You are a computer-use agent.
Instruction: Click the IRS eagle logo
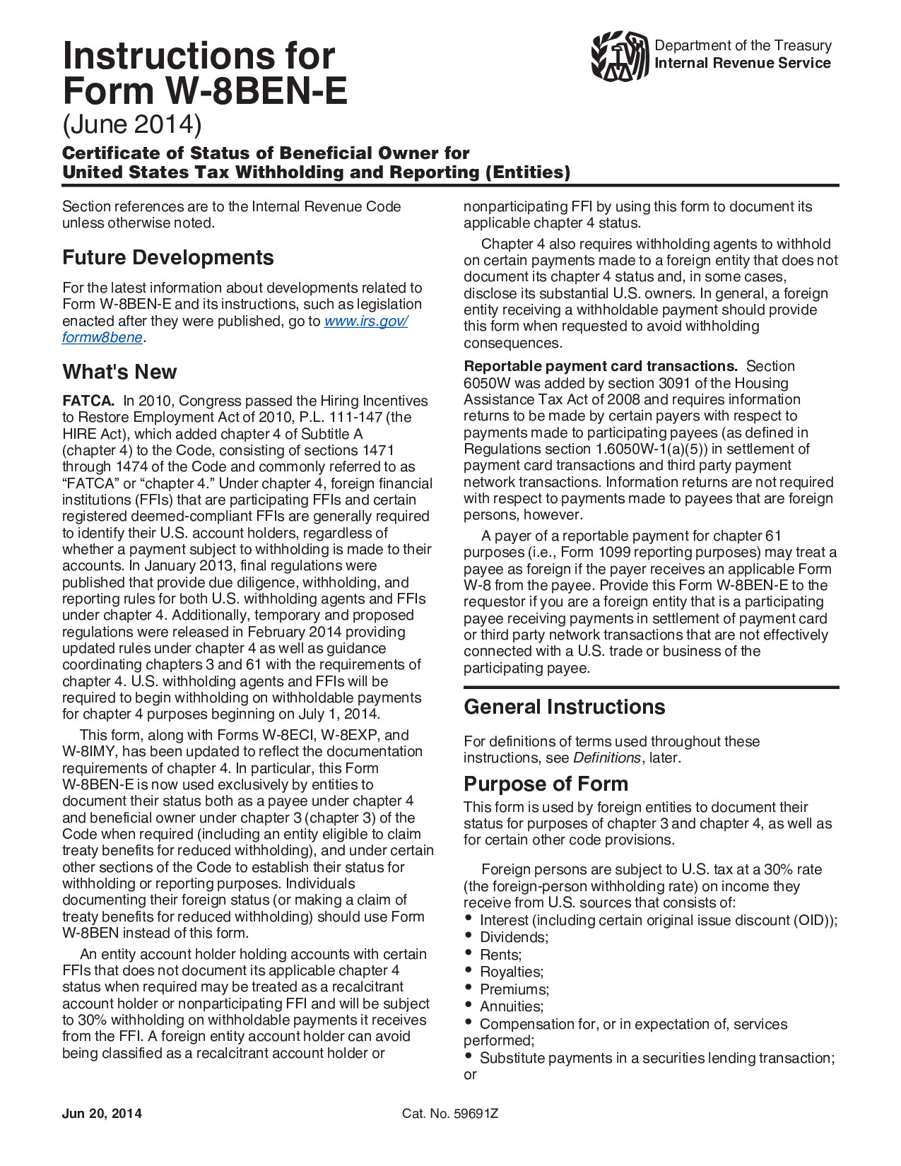(620, 56)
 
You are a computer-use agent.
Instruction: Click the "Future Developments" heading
(168, 257)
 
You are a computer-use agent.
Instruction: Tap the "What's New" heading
(119, 372)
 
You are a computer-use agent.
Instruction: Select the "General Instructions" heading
(564, 707)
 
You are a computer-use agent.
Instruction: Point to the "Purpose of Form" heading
(546, 784)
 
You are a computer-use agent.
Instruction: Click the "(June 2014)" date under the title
(132, 124)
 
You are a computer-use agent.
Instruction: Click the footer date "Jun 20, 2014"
(102, 1114)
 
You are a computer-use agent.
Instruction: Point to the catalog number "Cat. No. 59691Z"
(450, 1114)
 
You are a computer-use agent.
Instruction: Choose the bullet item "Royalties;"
(512, 972)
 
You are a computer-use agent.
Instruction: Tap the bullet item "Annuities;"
(512, 1006)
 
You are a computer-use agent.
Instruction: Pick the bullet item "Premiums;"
(514, 989)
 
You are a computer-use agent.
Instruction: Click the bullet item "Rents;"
(500, 955)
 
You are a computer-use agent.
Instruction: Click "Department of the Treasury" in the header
(743, 45)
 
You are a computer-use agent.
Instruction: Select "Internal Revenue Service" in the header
(743, 63)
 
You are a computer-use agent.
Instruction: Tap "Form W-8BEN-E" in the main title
(205, 91)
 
